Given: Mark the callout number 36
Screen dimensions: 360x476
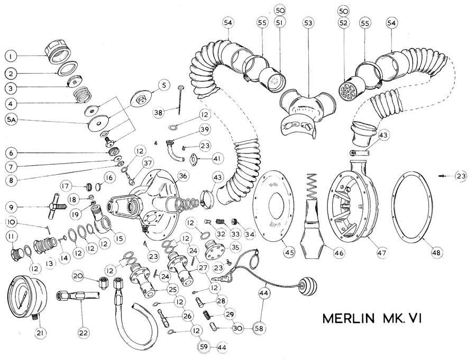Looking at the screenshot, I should [182, 175].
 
